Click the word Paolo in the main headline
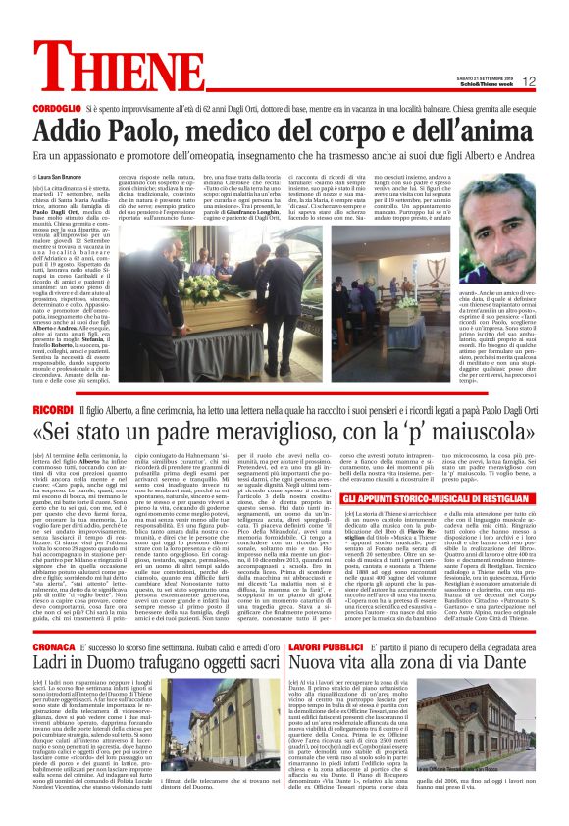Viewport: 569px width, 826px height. point(150,129)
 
